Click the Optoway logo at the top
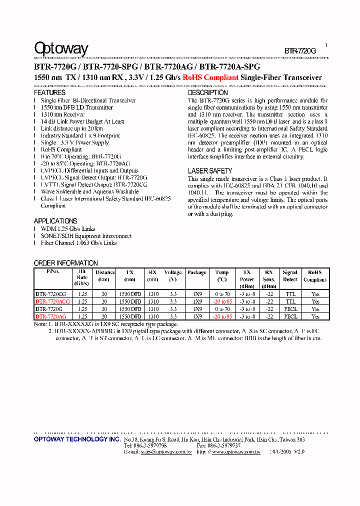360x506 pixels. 61,48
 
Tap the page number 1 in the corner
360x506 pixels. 326,45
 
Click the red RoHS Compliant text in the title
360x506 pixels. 210,77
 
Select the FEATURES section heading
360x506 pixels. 49,92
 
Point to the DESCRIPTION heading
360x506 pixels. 207,92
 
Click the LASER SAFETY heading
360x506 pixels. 209,171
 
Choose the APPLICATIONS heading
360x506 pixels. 55,221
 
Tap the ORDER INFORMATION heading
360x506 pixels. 65,263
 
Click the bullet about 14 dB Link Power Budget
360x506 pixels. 82,121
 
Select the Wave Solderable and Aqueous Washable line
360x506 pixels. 89,191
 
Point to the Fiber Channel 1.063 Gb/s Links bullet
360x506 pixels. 78,243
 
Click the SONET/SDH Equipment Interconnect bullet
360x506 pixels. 86,236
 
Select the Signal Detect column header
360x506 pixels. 290,276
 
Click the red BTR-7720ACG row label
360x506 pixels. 52,301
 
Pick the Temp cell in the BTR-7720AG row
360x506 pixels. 222,316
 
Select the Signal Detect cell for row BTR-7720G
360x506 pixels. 290,309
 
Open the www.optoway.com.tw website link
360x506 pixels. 235,451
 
